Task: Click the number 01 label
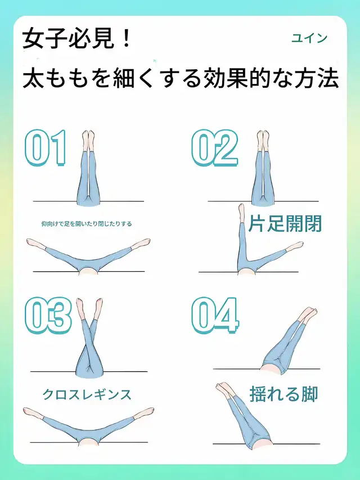point(46,148)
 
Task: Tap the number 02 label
point(214,148)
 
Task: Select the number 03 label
point(48,315)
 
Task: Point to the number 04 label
point(215,315)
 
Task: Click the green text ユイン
point(309,38)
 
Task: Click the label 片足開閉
point(285,224)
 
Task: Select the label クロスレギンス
point(87,394)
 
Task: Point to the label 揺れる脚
point(283,394)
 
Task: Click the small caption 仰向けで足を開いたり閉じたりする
point(87,224)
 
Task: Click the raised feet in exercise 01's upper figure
point(88,140)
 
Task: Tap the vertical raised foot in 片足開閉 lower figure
point(241,213)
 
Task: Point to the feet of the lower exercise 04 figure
point(224,389)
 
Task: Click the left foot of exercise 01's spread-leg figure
point(36,243)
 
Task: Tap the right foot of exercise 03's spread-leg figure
point(143,412)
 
